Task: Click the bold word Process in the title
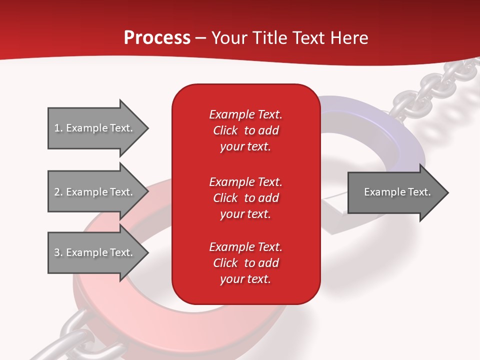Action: [157, 38]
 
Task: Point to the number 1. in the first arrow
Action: [58, 128]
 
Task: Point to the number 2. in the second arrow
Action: [58, 192]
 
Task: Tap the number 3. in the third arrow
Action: [58, 252]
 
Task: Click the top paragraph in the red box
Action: [245, 130]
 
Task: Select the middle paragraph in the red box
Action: [245, 198]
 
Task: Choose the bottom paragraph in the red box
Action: [245, 263]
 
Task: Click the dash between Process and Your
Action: [201, 38]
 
